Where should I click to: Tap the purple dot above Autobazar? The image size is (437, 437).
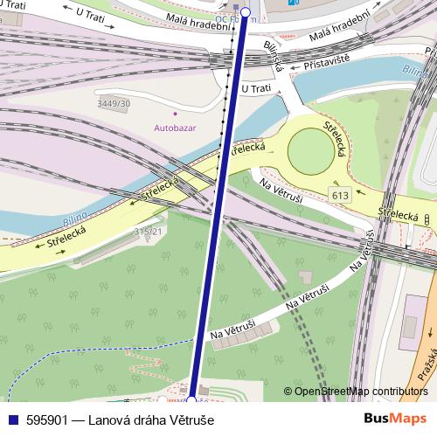175,113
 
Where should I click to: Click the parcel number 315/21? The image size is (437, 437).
148,231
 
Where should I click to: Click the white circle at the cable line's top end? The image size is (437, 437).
245,12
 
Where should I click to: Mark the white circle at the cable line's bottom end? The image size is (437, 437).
191,401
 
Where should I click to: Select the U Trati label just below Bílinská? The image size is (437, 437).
256,88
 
